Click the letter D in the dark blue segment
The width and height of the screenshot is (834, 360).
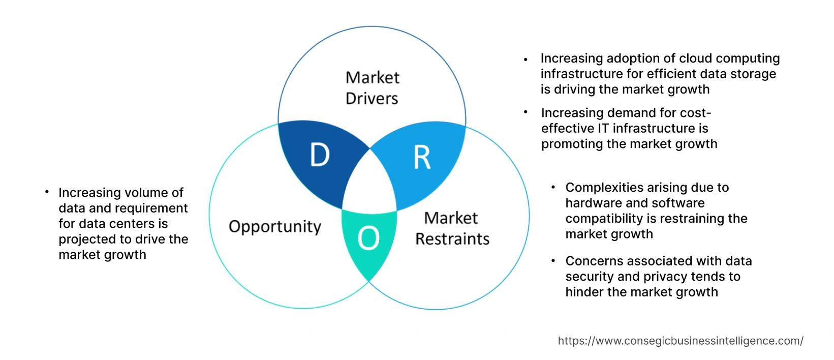click(320, 155)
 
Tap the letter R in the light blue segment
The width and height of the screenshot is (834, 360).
click(422, 158)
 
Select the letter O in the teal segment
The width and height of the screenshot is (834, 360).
click(368, 238)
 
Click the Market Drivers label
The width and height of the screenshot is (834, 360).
click(372, 88)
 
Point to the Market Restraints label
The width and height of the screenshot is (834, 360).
click(452, 228)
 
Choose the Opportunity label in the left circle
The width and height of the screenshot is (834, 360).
click(275, 226)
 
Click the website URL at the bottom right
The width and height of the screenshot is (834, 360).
click(680, 341)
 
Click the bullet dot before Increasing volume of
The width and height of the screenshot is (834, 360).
click(47, 192)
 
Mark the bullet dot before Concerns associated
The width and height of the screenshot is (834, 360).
click(553, 261)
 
